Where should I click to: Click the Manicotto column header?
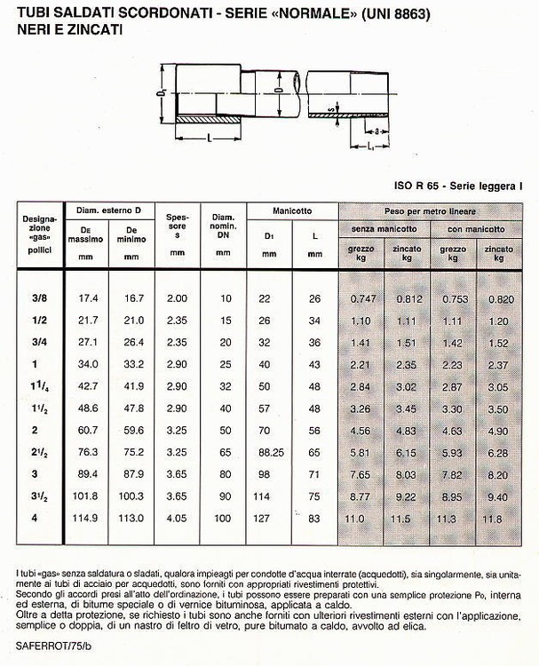click(292, 211)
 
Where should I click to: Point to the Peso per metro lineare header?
click(430, 212)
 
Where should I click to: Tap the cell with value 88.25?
click(267, 453)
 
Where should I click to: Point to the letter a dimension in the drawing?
click(377, 129)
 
